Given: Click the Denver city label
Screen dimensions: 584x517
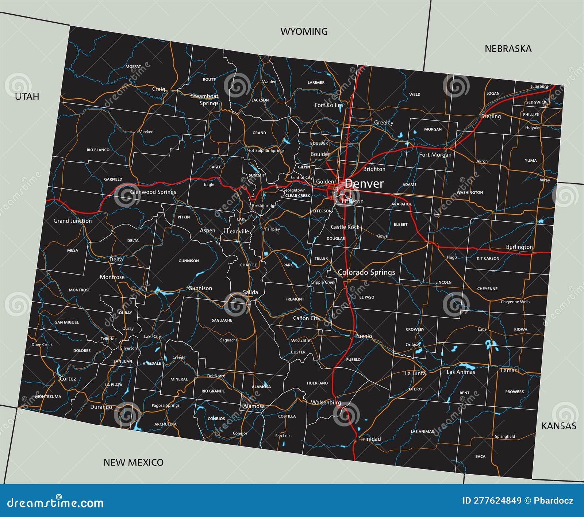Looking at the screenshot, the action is (364, 184).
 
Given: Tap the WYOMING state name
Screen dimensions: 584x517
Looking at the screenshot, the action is (304, 32).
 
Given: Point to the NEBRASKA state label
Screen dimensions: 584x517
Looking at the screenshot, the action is (508, 49).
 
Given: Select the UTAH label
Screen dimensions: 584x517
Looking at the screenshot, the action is (27, 96).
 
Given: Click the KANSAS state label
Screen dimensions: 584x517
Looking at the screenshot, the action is (558, 426).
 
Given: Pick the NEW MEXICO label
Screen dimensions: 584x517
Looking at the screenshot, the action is (133, 463).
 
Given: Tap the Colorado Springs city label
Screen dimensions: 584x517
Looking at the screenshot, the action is (366, 272).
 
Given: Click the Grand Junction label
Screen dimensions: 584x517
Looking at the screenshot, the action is (73, 221).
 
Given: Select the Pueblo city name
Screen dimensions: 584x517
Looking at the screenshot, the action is (364, 336).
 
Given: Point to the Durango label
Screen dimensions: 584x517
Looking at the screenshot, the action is (101, 407).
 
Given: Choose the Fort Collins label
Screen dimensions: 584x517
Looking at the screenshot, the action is (329, 105).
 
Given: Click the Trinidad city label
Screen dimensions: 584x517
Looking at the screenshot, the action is (370, 439).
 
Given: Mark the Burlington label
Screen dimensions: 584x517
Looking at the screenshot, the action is (519, 247).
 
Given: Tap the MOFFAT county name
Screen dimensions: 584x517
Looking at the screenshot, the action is (133, 66).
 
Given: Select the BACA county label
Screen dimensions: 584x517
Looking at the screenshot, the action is (480, 456).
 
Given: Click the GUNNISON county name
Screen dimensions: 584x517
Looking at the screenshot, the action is (189, 261).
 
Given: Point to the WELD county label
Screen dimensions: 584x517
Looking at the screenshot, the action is (415, 94).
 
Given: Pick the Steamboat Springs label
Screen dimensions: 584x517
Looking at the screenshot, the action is (205, 100).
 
